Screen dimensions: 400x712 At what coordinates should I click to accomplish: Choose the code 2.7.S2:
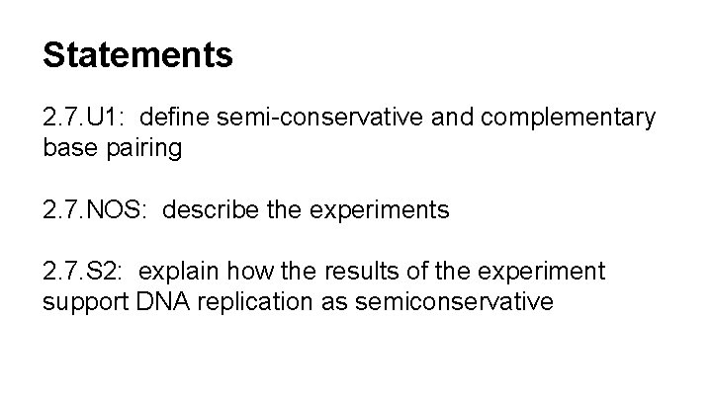pyautogui.click(x=85, y=272)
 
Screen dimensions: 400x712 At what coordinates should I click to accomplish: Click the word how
pyautogui.click(x=250, y=272)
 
